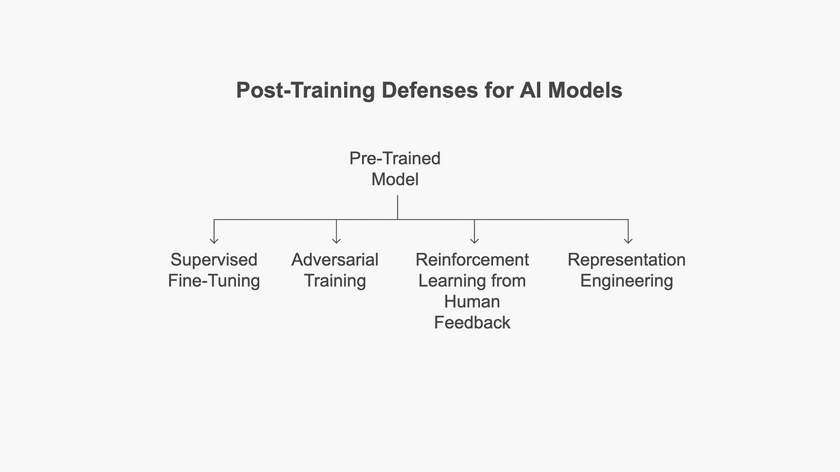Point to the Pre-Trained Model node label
coord(395,169)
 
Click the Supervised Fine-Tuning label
coord(214,270)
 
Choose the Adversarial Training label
coord(335,270)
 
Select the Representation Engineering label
coord(626,270)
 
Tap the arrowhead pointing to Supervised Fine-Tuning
coord(214,240)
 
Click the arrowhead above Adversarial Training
coord(336,240)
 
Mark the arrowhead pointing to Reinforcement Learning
coord(474,240)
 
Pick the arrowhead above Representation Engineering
coord(627,240)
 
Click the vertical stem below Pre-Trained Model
coord(397,207)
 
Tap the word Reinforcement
coord(472,260)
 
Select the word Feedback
coord(472,323)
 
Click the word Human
coord(472,301)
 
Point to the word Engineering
coord(626,281)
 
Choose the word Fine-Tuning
coord(214,281)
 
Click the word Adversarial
coord(335,260)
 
